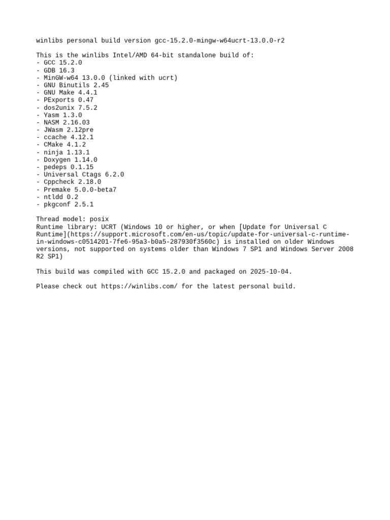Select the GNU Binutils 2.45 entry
coord(73,85)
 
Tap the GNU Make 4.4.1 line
coord(67,92)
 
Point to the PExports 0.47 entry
coord(65,100)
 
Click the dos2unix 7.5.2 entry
coord(67,108)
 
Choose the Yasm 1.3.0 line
coord(59,115)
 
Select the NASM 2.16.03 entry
coord(63,122)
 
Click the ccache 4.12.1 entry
coord(65,137)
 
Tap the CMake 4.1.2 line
coord(61,145)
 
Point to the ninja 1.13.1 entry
coord(63,152)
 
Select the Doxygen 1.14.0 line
coord(67,159)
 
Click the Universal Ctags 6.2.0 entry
coord(80,174)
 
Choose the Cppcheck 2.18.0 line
coord(69,182)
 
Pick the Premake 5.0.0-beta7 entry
coord(76,189)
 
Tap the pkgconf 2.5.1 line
coord(65,204)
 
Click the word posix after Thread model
coord(99,219)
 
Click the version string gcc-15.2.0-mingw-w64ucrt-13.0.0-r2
coord(219,41)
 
